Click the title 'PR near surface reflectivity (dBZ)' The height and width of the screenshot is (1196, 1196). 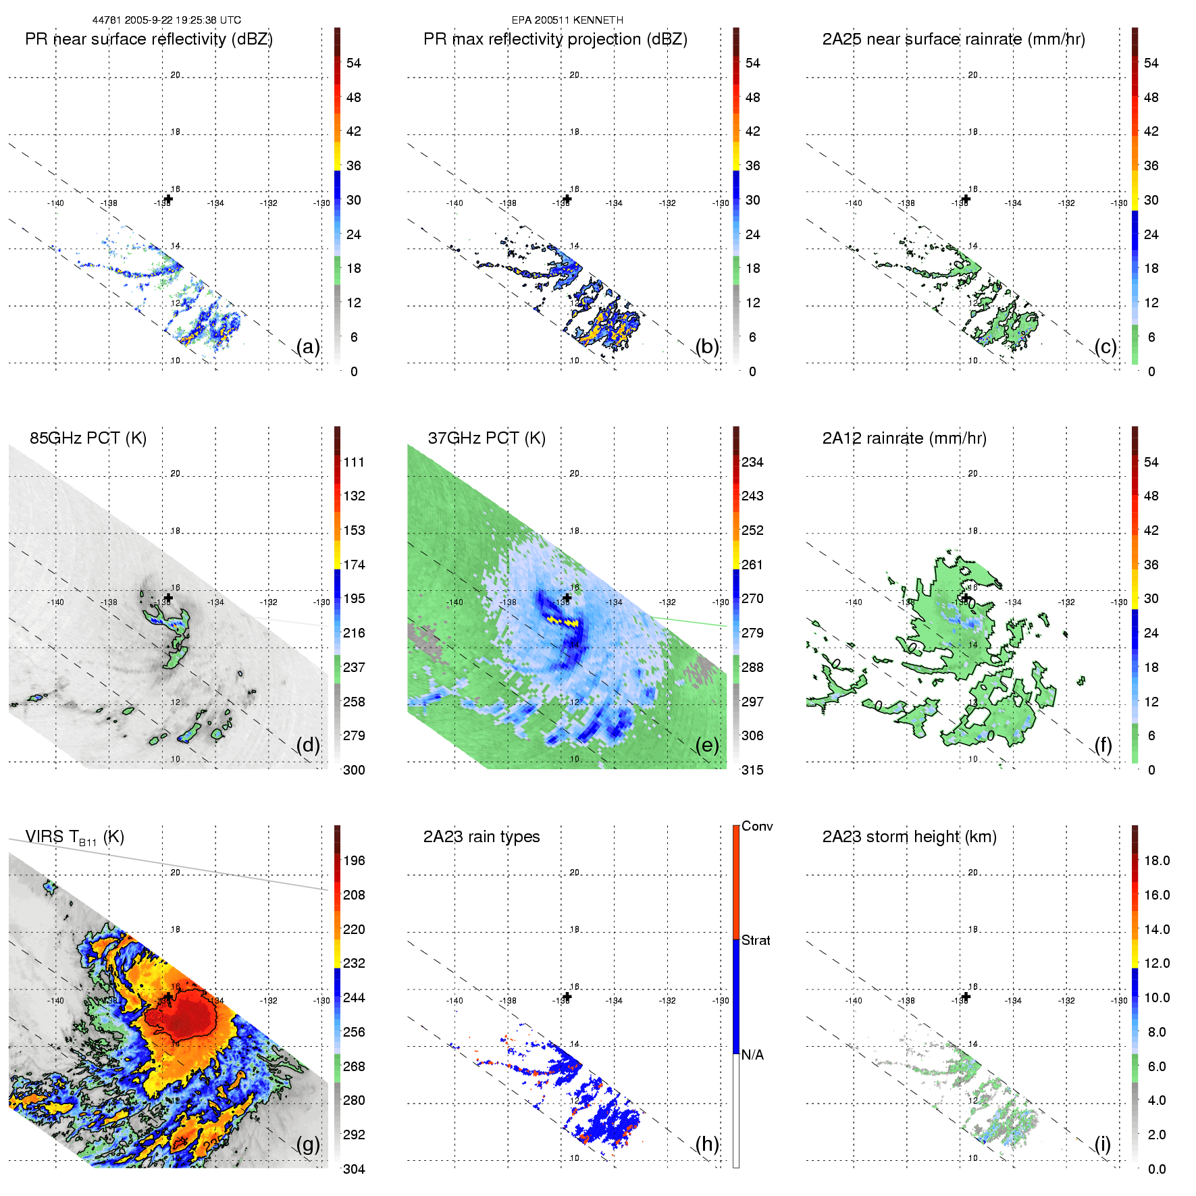coord(149,39)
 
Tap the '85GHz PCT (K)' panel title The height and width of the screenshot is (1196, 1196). coord(88,438)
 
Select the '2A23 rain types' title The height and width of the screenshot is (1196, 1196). coord(482,837)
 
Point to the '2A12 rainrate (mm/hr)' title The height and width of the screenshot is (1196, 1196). coord(904,438)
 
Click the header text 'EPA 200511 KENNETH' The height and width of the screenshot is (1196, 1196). coord(567,20)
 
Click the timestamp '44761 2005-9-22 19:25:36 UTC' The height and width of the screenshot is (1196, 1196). coord(167,20)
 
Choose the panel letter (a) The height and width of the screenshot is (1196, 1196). coord(308,346)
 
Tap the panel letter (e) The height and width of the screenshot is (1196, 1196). coord(706,745)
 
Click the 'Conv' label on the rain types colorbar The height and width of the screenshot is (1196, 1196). coord(757,826)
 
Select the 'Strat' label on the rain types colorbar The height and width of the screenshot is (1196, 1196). coord(756,940)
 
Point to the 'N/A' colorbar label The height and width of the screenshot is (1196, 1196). coord(752,1055)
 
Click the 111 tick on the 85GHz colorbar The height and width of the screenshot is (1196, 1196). coord(354,462)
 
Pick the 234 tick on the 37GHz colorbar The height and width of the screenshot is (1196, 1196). coord(752,462)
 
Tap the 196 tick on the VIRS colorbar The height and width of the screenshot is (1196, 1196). coord(354,860)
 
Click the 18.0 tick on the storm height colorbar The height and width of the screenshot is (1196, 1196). coord(1157,860)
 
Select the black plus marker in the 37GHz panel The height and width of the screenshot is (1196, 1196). coord(567,598)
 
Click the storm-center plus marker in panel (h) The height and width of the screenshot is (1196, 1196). coord(567,997)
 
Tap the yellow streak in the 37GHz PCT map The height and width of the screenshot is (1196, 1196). coord(562,621)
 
